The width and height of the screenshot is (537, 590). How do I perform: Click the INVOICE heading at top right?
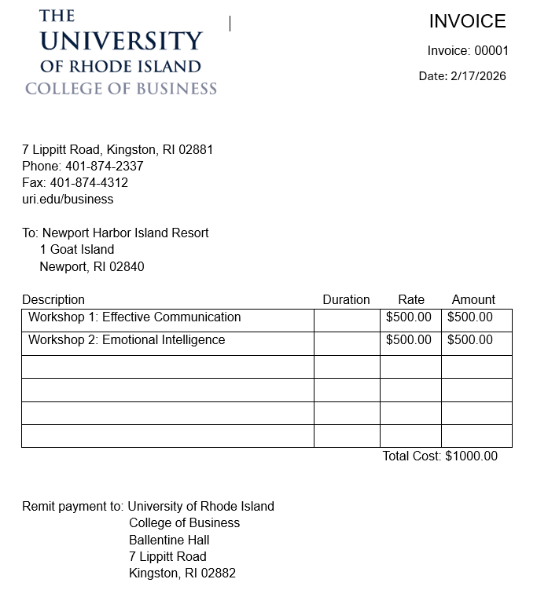[467, 21]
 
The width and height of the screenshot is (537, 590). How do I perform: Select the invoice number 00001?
[491, 51]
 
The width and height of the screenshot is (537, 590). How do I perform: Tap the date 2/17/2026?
[478, 76]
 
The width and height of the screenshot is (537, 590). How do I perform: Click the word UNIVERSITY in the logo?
[121, 41]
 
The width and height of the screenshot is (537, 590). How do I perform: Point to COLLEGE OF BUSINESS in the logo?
[121, 89]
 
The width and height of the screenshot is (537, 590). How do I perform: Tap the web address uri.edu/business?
[68, 200]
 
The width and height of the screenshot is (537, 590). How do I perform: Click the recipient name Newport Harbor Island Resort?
[126, 233]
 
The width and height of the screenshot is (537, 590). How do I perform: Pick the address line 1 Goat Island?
[77, 250]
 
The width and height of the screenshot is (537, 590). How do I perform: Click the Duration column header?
[346, 300]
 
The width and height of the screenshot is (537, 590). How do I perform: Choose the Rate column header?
[411, 300]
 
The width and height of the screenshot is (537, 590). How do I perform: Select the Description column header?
[53, 300]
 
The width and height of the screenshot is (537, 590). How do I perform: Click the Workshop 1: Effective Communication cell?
[134, 317]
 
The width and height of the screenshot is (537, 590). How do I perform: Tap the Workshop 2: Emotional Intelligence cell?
[127, 340]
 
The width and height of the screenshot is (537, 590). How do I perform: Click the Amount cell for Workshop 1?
[470, 317]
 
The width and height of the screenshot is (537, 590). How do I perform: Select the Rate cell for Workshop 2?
[409, 340]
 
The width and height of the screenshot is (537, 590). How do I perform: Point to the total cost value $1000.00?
[471, 456]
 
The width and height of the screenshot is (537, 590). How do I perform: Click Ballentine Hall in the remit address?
[169, 541]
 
